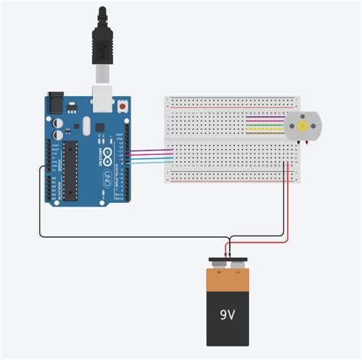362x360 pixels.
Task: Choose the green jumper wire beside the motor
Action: click(263, 124)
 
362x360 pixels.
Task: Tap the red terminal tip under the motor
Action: click(305, 143)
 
